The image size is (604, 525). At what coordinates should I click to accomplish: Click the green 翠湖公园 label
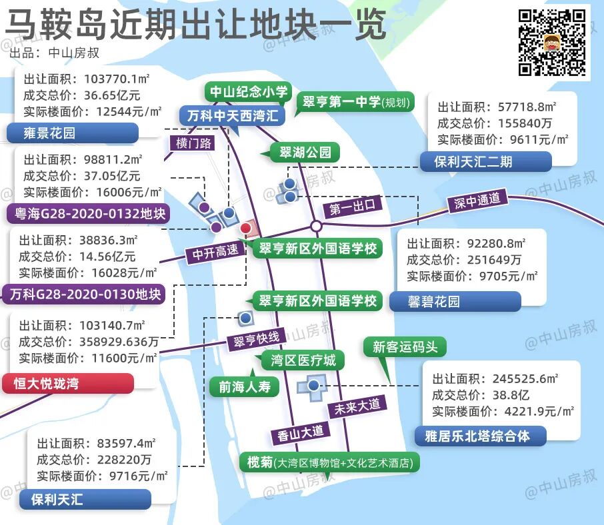[x=305, y=152]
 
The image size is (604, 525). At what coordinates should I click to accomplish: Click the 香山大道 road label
[x=301, y=432]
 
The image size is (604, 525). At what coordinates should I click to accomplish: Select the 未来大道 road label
[x=357, y=406]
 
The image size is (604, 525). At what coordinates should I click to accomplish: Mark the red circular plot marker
[x=245, y=229]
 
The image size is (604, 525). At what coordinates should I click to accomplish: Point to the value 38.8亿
[x=510, y=394]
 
